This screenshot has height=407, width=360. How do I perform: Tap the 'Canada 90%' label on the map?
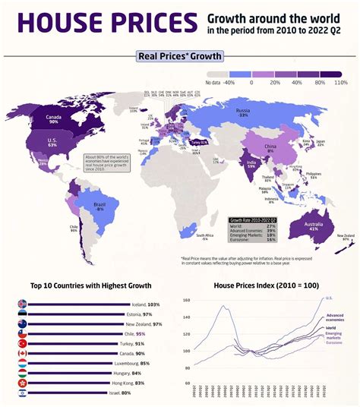click(54, 118)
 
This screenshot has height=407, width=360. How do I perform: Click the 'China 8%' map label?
click(270, 148)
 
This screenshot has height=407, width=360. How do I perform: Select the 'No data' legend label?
click(213, 81)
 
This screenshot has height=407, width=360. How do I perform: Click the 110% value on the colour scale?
click(340, 81)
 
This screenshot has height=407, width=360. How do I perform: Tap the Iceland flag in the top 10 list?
click(23, 304)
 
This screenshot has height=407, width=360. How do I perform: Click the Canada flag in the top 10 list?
click(23, 353)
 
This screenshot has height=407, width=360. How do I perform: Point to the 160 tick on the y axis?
click(187, 301)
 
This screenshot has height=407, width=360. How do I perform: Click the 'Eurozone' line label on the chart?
click(334, 343)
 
